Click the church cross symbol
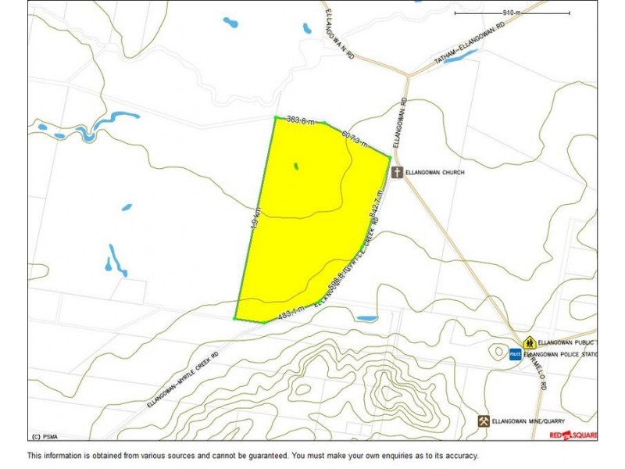click(x=397, y=172)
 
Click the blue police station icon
click(x=515, y=354)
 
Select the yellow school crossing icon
click(x=529, y=342)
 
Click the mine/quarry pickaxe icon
click(x=484, y=421)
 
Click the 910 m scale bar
click(x=512, y=13)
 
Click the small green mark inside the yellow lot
click(x=295, y=166)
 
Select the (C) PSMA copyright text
click(x=47, y=436)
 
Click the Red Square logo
click(x=573, y=435)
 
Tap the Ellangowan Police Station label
click(x=561, y=354)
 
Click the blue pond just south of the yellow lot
click(x=366, y=318)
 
